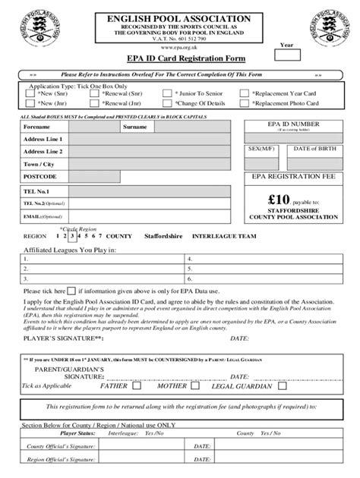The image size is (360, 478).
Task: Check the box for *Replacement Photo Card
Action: pyautogui.click(x=245, y=103)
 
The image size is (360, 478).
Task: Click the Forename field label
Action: pyautogui.click(x=37, y=127)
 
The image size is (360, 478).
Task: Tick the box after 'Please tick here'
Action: pyautogui.click(x=71, y=290)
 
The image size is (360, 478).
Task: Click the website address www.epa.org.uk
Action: pyautogui.click(x=180, y=47)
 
